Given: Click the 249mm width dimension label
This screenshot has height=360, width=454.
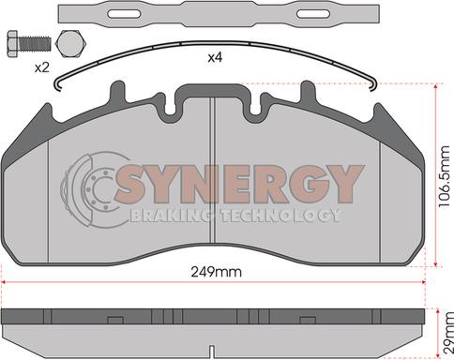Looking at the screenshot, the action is (x=217, y=272).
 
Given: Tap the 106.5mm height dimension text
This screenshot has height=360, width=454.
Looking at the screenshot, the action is (x=446, y=176).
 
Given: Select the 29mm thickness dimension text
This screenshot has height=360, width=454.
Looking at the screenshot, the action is (x=447, y=333).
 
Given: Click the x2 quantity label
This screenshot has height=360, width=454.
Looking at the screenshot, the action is (x=42, y=67).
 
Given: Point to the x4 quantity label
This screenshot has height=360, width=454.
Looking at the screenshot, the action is (x=215, y=57).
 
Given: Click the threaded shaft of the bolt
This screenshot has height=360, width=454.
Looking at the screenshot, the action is (x=35, y=44).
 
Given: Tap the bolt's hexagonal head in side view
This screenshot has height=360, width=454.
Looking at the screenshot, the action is (x=12, y=44).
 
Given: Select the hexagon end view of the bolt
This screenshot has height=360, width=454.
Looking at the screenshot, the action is (x=70, y=44).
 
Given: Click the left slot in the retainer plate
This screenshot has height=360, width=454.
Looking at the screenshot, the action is (x=124, y=14).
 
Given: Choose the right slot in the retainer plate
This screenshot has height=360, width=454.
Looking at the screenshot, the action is (x=313, y=14).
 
